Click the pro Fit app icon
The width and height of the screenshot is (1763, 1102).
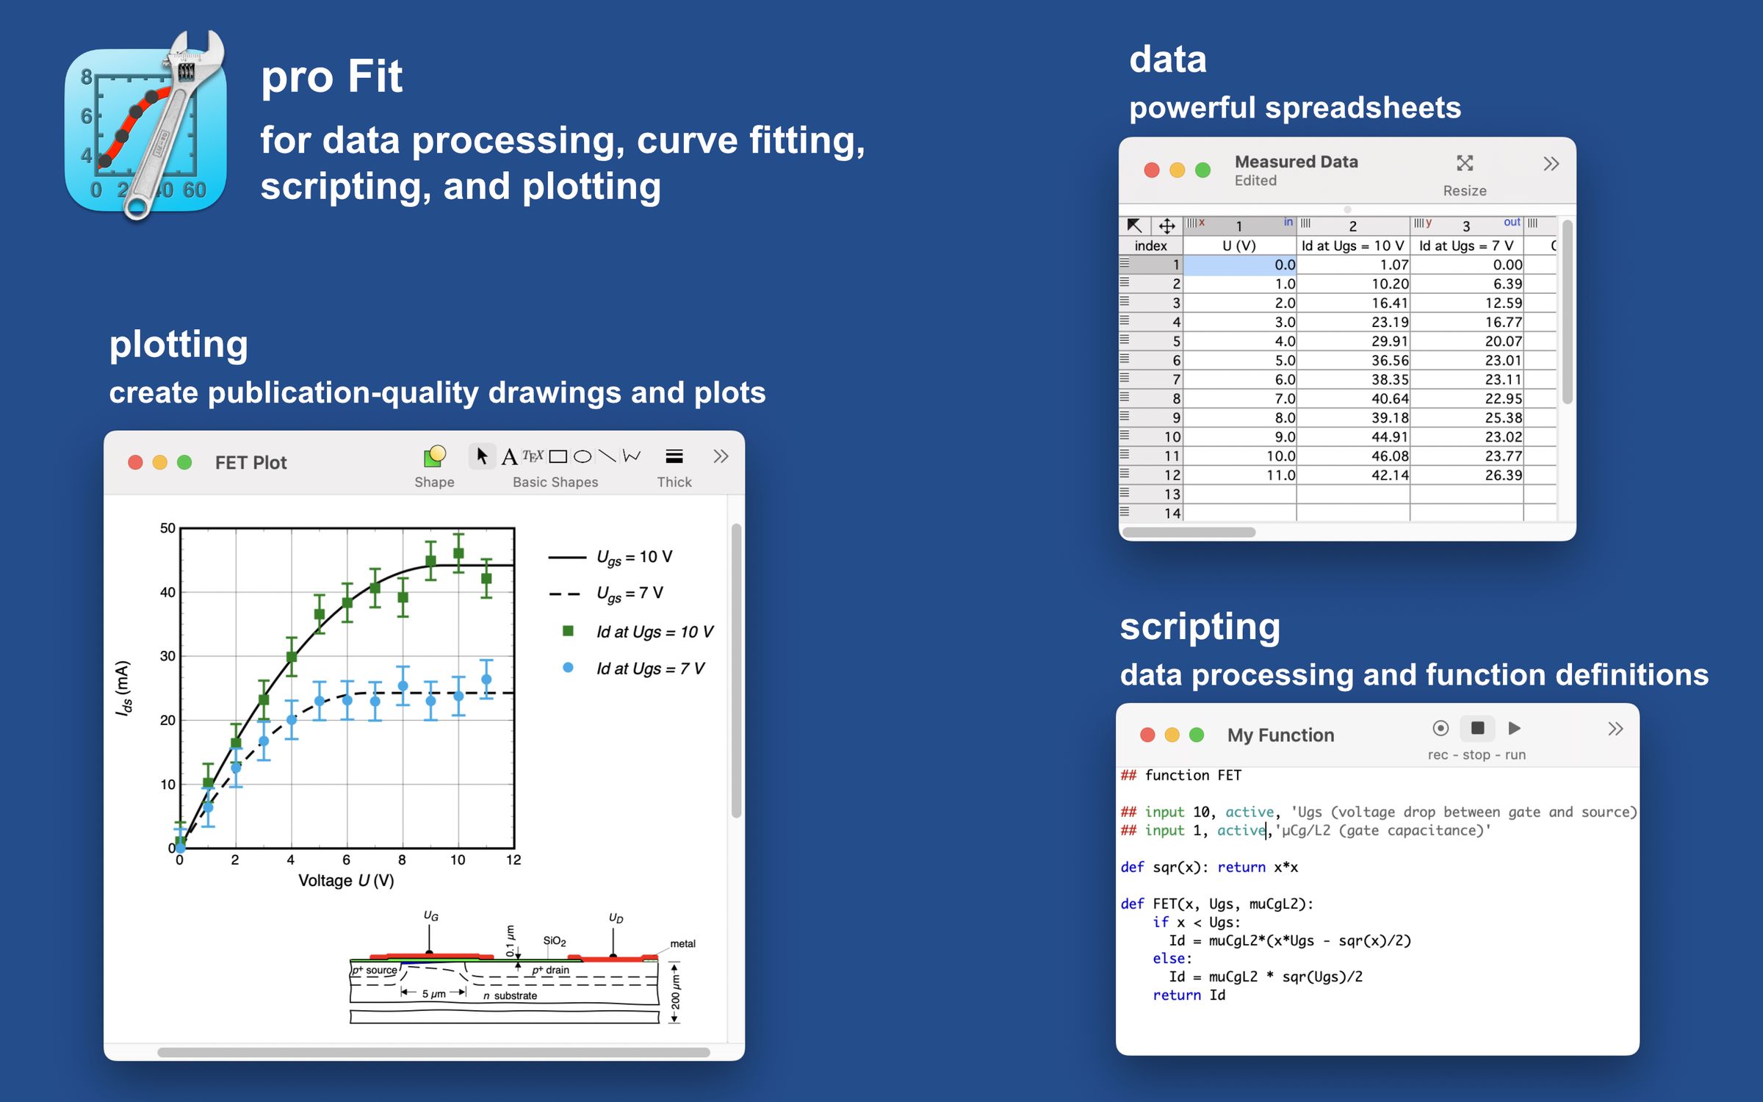pyautogui.click(x=145, y=129)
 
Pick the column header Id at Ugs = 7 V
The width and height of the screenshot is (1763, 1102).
pyautogui.click(x=1465, y=246)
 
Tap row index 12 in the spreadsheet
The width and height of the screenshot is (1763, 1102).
pyautogui.click(x=1172, y=475)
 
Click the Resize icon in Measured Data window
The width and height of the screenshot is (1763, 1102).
pyautogui.click(x=1465, y=164)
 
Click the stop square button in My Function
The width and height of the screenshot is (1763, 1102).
pyautogui.click(x=1477, y=728)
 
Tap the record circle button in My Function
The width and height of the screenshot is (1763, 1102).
pyautogui.click(x=1441, y=728)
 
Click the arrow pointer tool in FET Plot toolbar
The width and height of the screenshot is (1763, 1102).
pyautogui.click(x=482, y=456)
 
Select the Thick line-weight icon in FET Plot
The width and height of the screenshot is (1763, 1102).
pyautogui.click(x=674, y=457)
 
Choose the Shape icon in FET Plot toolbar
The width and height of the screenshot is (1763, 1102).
pyautogui.click(x=434, y=457)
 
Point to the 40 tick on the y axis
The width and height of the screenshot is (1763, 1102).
pyautogui.click(x=168, y=592)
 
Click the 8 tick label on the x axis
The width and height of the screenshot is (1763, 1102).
pyautogui.click(x=402, y=860)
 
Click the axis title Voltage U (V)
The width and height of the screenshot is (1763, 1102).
pyautogui.click(x=346, y=881)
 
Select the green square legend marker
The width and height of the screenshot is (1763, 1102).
pyautogui.click(x=568, y=631)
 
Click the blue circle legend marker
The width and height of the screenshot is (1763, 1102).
pyautogui.click(x=568, y=668)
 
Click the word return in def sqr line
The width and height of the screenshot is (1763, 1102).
pyautogui.click(x=1241, y=868)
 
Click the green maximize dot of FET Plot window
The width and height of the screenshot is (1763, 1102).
pyautogui.click(x=184, y=462)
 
